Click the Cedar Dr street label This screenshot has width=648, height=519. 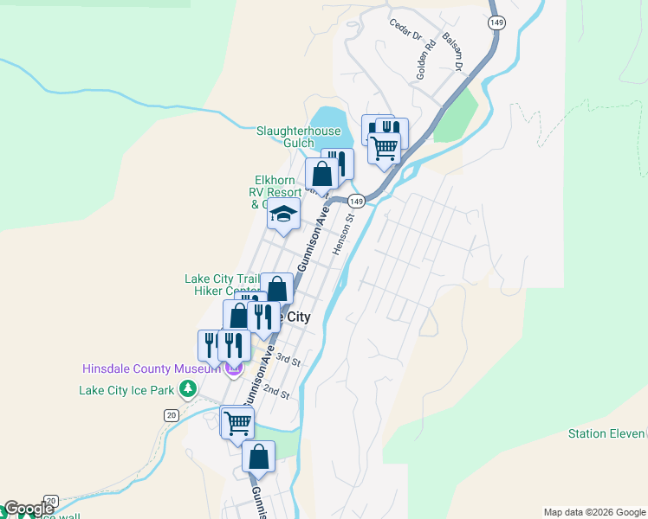pyautogui.click(x=405, y=31)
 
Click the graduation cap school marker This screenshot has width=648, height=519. pyautogui.click(x=283, y=214)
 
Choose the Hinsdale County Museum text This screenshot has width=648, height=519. pyautogui.click(x=152, y=368)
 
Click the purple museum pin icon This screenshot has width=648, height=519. pyautogui.click(x=233, y=370)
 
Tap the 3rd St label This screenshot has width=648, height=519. pyautogui.click(x=288, y=361)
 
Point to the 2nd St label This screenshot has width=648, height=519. pyautogui.click(x=276, y=392)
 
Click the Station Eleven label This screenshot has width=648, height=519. pyautogui.click(x=607, y=433)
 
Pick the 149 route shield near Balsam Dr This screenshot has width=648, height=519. pyautogui.click(x=496, y=23)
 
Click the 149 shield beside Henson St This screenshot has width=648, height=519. pyautogui.click(x=355, y=201)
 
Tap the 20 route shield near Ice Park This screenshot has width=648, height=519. pyautogui.click(x=172, y=415)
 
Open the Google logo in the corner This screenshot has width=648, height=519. pyautogui.click(x=29, y=509)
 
